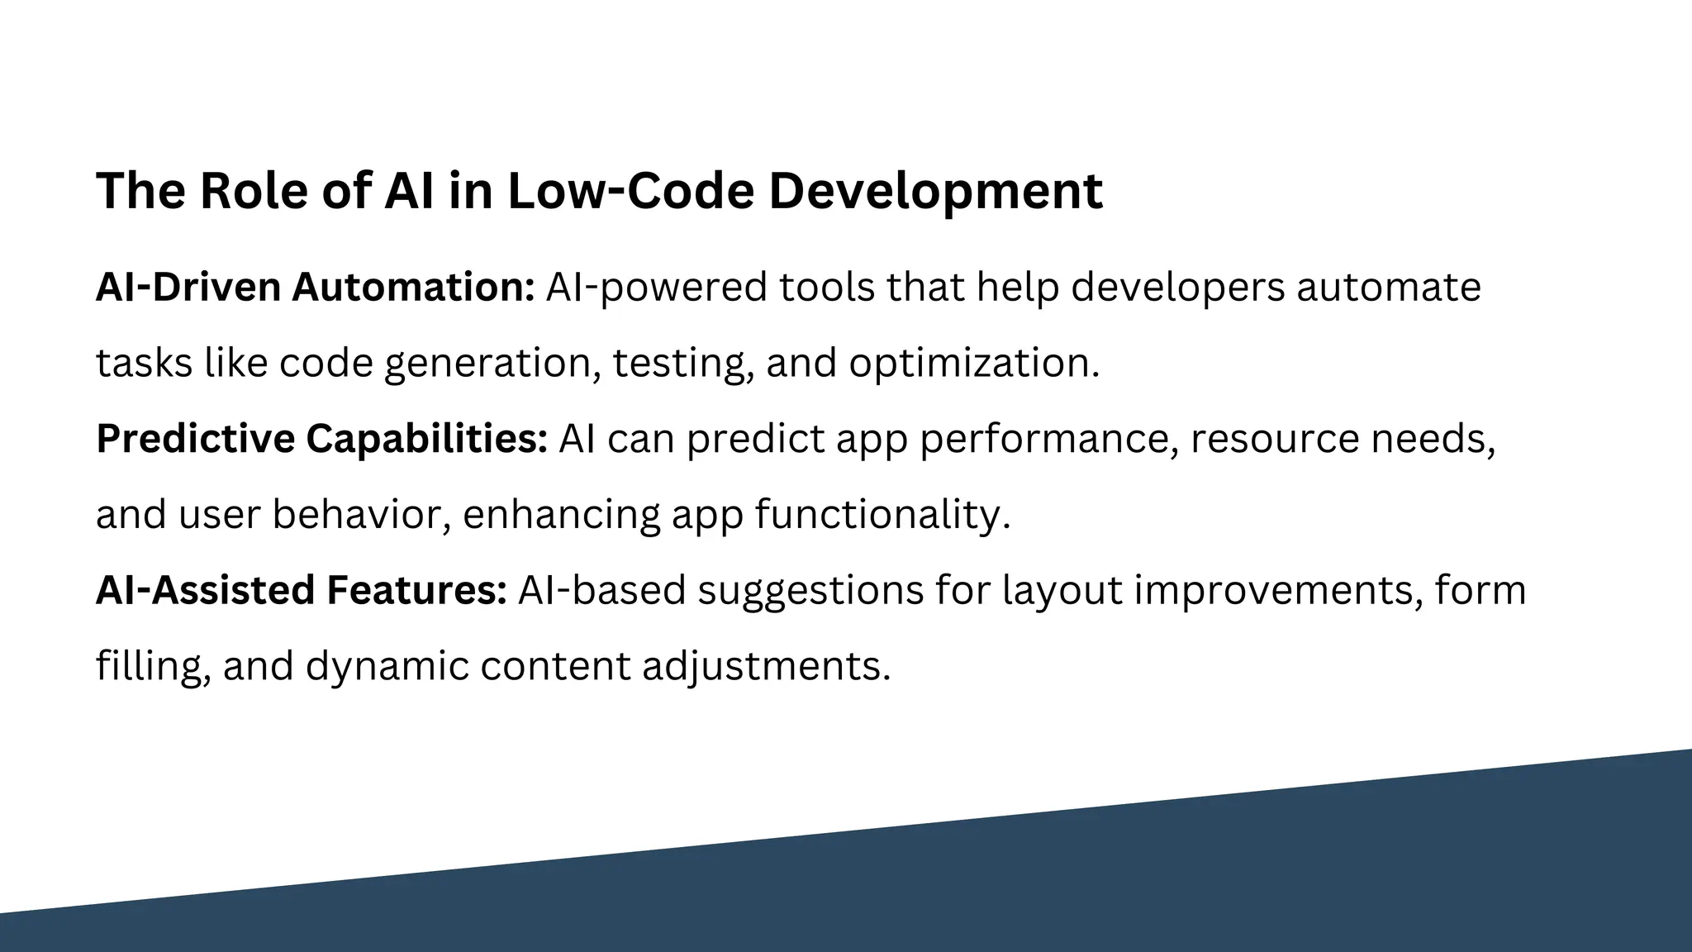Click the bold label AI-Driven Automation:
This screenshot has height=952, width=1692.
point(316,288)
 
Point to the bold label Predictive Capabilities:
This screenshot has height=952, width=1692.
point(321,439)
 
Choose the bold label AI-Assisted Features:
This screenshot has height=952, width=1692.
point(301,591)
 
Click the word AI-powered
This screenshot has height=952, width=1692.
point(656,288)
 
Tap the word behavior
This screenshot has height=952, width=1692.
point(361,515)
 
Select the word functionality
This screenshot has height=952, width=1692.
point(882,515)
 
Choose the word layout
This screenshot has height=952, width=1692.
point(1062,591)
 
